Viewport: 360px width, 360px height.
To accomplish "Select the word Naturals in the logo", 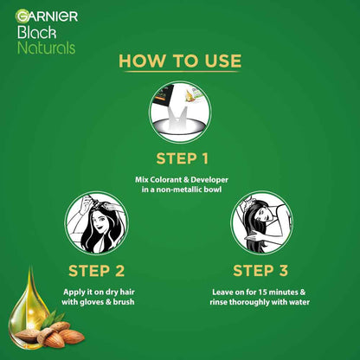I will point(48,47).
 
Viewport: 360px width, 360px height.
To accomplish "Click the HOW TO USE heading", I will point(179,61).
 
